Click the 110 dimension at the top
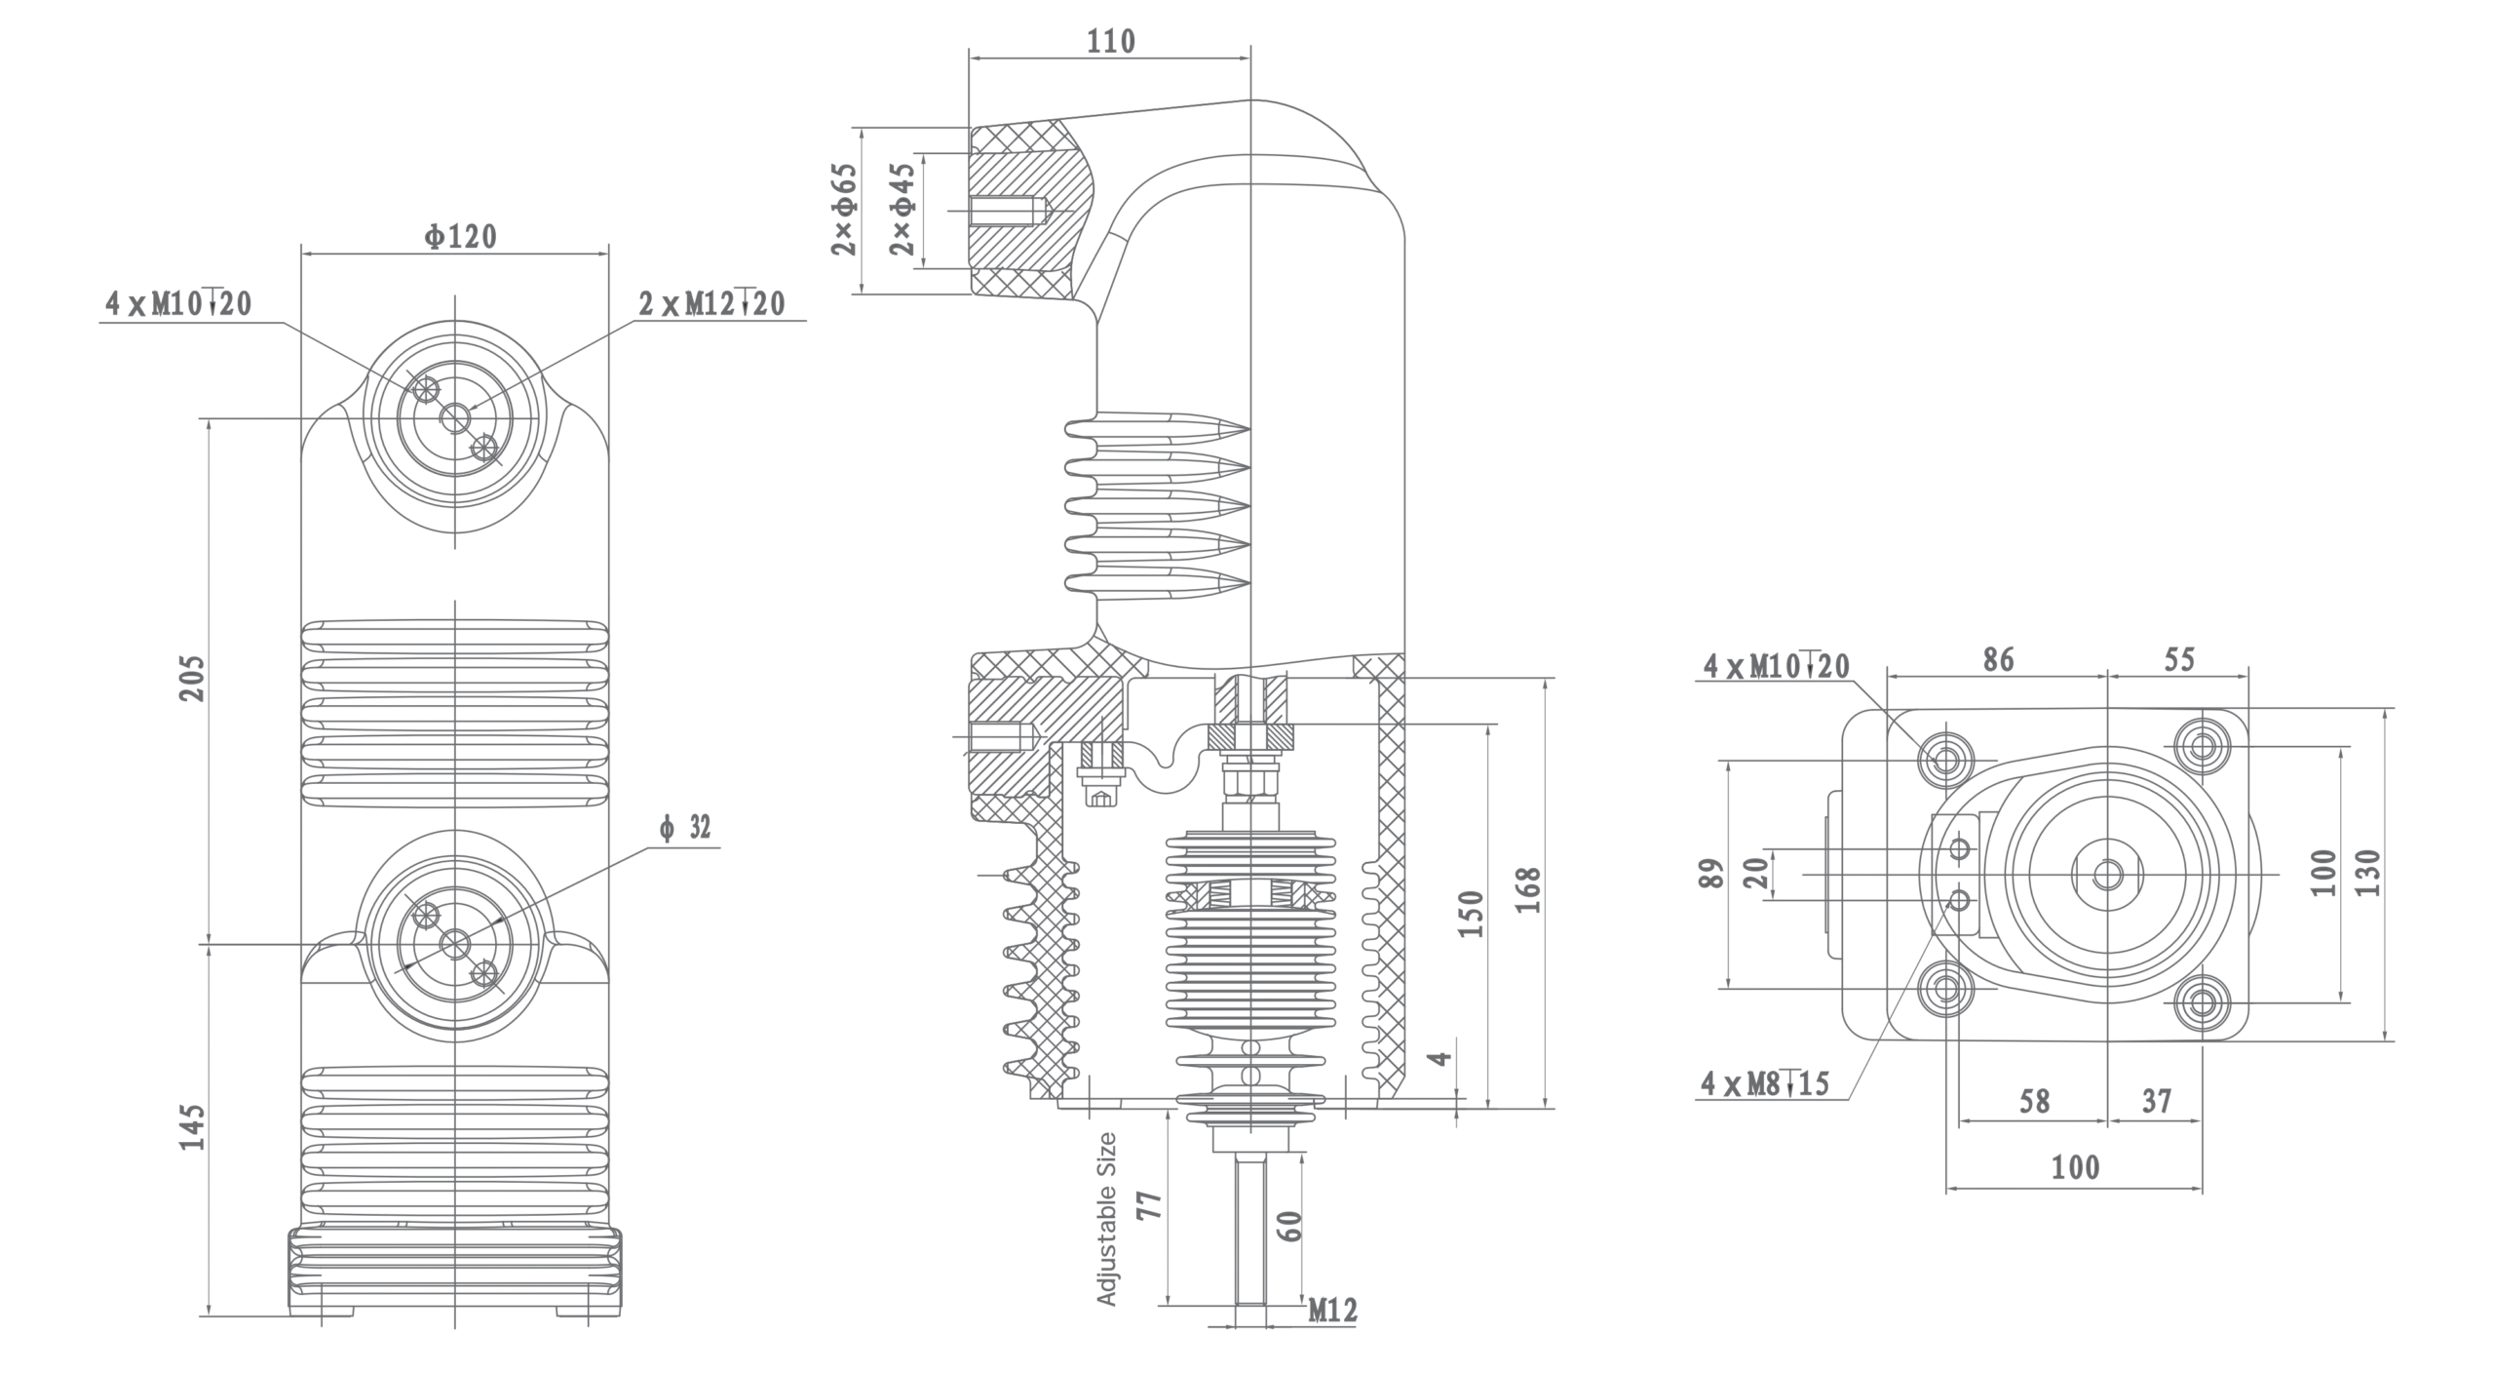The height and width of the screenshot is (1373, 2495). point(1112,41)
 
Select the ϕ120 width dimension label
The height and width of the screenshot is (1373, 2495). point(460,236)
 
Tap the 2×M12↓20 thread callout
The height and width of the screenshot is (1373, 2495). point(711,304)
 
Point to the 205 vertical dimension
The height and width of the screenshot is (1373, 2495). point(192,677)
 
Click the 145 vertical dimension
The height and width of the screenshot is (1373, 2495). point(192,1127)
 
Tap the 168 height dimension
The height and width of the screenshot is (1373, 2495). point(1528,888)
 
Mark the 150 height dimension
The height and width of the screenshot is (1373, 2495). point(1471,914)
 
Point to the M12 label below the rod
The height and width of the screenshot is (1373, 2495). point(1331,1311)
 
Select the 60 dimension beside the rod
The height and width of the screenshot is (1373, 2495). point(1288,1226)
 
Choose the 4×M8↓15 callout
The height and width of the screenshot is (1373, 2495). point(1764,1083)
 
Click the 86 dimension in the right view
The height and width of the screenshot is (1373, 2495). point(1998,660)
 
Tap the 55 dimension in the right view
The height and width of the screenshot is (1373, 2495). point(2179,660)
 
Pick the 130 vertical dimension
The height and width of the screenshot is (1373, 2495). point(2371,874)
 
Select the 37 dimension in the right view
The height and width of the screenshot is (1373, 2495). point(2157,1102)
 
